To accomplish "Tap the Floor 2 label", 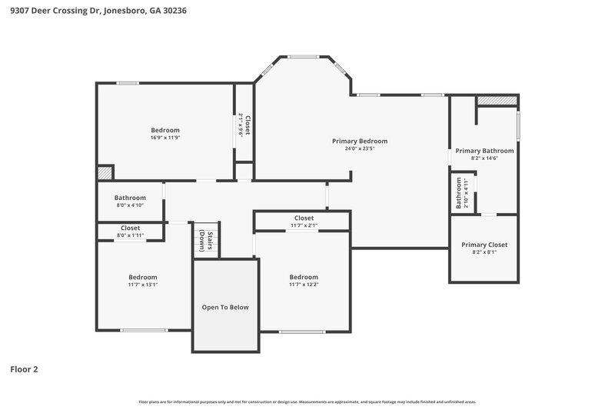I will (x=24, y=369).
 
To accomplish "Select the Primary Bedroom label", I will (x=359, y=141).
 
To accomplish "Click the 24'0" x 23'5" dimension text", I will (x=359, y=148).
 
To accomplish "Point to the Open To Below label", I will (x=225, y=307).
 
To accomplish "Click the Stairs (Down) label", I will (x=205, y=241).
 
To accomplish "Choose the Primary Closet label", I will (x=484, y=245).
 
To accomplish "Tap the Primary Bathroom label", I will (x=484, y=150).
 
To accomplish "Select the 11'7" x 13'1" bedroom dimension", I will (x=143, y=285).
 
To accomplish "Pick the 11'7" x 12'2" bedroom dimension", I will (x=304, y=285).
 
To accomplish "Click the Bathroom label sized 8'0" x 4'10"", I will (x=130, y=198).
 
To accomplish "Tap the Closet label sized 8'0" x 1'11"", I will (x=130, y=228).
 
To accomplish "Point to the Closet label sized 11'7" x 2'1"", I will (x=304, y=218).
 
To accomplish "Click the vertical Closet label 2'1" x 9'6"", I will (x=244, y=125).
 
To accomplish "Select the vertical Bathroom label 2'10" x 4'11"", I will (x=462, y=193).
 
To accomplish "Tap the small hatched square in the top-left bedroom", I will (x=105, y=173).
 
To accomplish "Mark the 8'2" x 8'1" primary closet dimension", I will (x=484, y=252).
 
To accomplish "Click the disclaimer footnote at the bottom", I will (x=307, y=402).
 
